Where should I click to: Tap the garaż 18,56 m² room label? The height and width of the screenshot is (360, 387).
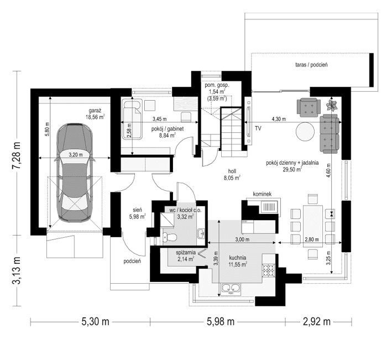click(95, 113)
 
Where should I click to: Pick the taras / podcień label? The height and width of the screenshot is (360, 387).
click(312, 65)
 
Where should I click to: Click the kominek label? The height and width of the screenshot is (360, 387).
click(262, 195)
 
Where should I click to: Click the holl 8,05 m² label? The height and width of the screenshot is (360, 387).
click(231, 175)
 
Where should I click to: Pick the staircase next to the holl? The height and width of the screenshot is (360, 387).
click(231, 127)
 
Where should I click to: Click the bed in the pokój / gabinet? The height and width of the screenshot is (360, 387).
click(132, 119)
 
